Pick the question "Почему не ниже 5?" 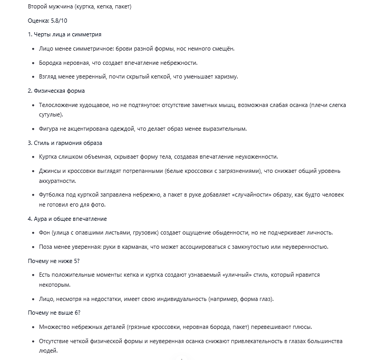coord(53,260)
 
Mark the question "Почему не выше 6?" coord(54,313)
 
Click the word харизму coord(225,76)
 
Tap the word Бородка coord(52,63)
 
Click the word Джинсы coord(51,171)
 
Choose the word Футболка coord(55,195)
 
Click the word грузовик coord(159,233)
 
